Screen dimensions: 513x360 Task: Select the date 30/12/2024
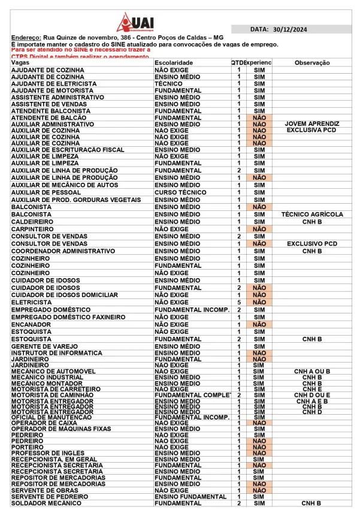pos(289,29)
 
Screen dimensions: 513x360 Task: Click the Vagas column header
pos(20,62)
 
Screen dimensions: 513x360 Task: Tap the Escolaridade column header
pos(174,62)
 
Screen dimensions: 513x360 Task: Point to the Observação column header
pos(312,62)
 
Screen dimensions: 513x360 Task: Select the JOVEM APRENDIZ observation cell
pos(311,123)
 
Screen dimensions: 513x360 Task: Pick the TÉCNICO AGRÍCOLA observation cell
pos(312,214)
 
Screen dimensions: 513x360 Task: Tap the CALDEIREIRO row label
pos(33,221)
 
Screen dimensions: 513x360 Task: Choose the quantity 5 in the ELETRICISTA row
pos(239,302)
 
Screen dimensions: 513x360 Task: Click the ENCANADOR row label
pos(31,324)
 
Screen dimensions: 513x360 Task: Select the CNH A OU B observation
pos(312,372)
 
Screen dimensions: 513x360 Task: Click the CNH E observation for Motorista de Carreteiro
pos(312,390)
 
